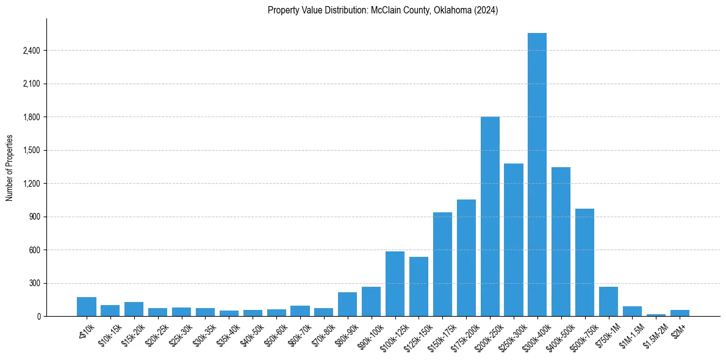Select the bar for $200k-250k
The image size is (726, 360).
pyautogui.click(x=490, y=217)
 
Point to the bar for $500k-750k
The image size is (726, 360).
pyautogui.click(x=584, y=262)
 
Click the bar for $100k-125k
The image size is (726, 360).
pyautogui.click(x=395, y=284)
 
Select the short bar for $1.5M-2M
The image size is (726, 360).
pyautogui.click(x=656, y=315)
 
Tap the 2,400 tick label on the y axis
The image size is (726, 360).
pyautogui.click(x=31, y=51)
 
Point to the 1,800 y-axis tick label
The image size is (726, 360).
pyautogui.click(x=31, y=117)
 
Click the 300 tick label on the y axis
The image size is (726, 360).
pyautogui.click(x=35, y=283)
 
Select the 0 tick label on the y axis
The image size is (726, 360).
pyautogui.click(x=38, y=317)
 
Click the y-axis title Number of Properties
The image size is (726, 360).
pyautogui.click(x=9, y=168)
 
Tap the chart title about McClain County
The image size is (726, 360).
pyautogui.click(x=383, y=10)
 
